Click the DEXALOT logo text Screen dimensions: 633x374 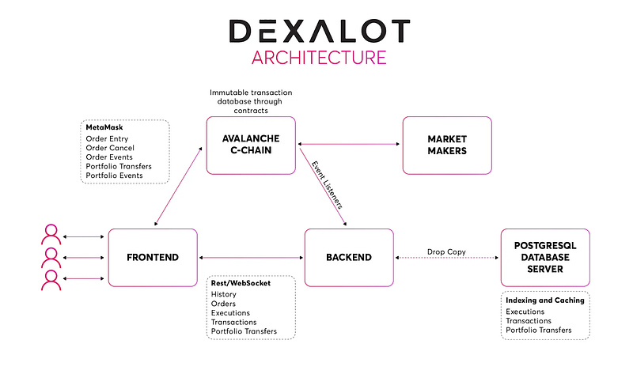[x=320, y=31]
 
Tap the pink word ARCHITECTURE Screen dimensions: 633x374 [x=319, y=58]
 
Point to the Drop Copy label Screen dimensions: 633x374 [x=446, y=251]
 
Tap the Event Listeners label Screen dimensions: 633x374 [x=327, y=185]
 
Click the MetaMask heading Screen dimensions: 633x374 [x=104, y=127]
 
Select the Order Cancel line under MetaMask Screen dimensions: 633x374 [x=110, y=148]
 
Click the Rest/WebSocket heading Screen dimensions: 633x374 [x=241, y=283]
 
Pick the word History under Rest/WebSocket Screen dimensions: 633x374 [x=224, y=294]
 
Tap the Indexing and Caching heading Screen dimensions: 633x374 [x=545, y=300]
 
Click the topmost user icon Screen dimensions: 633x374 [x=51, y=234]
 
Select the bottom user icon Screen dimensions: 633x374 [x=51, y=280]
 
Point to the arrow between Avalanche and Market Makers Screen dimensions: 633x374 [x=349, y=144]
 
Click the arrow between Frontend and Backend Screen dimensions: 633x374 [x=251, y=258]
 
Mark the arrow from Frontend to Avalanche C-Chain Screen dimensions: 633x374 [x=178, y=187]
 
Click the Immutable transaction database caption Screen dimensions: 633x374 [x=251, y=102]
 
